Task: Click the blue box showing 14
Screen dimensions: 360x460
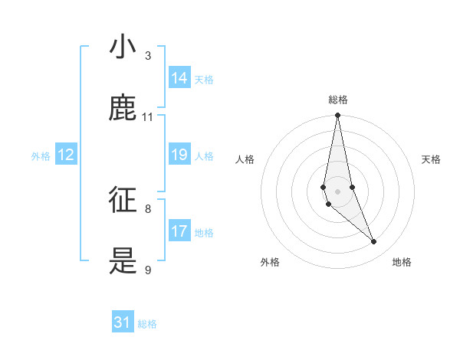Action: (179, 78)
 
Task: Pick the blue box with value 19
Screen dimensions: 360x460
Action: (179, 155)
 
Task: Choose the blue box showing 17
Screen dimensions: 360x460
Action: (179, 231)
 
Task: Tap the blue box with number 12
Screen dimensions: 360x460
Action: (66, 155)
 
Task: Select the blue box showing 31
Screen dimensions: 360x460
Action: (123, 322)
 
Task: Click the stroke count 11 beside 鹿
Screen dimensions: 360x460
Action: (148, 117)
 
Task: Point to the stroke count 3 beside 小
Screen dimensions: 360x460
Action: (148, 56)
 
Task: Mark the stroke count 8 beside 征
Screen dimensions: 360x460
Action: (148, 208)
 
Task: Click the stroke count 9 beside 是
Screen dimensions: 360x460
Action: (148, 270)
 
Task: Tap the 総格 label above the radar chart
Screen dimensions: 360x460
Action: (337, 100)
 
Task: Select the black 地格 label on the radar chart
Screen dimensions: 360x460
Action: (402, 262)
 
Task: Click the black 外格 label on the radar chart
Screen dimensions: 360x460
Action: (270, 262)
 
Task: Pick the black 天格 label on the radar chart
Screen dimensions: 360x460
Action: (431, 159)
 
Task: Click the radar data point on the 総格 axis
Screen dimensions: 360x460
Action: (337, 116)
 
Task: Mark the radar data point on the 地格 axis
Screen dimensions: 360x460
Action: (374, 242)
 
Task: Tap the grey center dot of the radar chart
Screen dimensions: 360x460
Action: (337, 191)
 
